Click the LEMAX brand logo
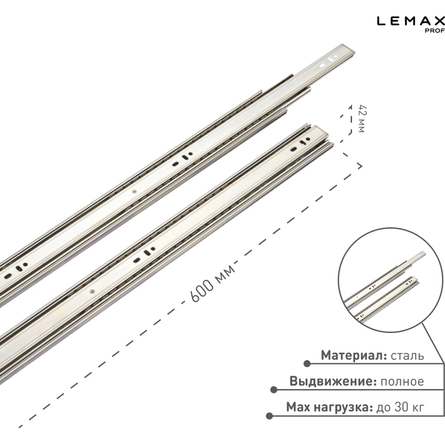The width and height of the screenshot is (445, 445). click(x=411, y=21)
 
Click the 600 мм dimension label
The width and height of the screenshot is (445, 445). click(x=213, y=284)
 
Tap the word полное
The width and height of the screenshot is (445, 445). click(x=402, y=382)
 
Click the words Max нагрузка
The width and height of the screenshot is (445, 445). click(x=329, y=407)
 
